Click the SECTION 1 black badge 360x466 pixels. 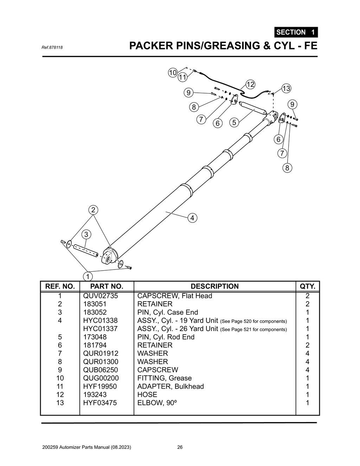296,32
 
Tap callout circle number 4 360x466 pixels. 192,218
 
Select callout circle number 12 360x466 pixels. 250,84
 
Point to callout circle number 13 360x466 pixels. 286,88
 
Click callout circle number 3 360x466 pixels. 86,234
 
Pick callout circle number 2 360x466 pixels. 93,210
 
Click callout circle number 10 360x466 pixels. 172,73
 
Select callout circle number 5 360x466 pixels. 234,122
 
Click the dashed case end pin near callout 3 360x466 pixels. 86,251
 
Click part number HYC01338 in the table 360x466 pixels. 100,321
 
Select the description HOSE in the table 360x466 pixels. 147,394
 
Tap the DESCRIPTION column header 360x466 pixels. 214,286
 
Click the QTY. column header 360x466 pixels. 307,286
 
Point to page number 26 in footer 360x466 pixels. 180,447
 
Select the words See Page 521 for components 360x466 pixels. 253,330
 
